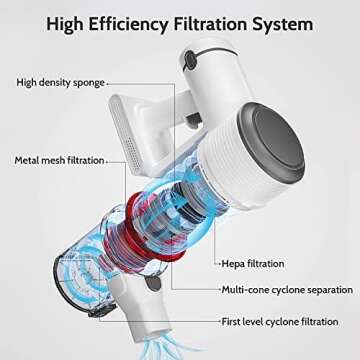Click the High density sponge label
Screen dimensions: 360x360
pos(60,83)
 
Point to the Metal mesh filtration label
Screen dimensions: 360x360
pos(59,160)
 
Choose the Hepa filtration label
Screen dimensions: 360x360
pos(253,264)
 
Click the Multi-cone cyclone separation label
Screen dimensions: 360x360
pos(287,290)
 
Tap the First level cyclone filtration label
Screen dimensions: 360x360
pos(280,322)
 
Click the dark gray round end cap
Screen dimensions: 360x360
pos(272,141)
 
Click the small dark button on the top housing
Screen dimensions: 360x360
pos(190,59)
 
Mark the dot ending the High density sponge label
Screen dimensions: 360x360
pos(107,84)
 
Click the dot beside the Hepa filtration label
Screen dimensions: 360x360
pos(220,264)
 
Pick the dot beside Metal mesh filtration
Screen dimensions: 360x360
pos(107,161)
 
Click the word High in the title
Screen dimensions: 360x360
pos(66,25)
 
